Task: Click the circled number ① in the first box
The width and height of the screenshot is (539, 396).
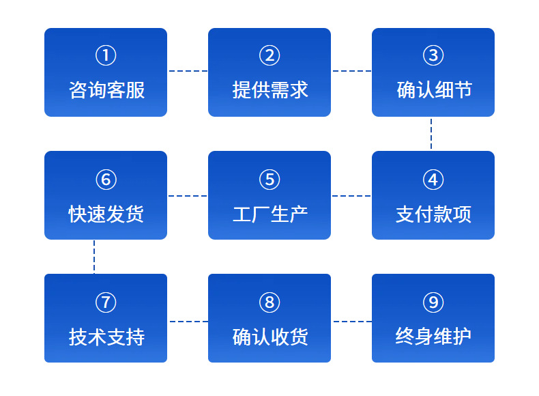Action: click(x=106, y=55)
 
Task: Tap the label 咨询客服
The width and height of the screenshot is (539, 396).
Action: click(x=106, y=90)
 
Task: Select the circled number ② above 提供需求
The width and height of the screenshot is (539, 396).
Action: click(x=269, y=55)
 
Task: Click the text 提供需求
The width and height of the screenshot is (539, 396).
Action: click(x=270, y=90)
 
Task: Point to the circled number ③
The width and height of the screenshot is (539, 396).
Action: click(x=433, y=55)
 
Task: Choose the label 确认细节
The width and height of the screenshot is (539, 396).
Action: click(x=434, y=90)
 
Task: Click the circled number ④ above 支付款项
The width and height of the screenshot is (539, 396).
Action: click(x=433, y=180)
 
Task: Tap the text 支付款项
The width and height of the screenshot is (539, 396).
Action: click(x=434, y=214)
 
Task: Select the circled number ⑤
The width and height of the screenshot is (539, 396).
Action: click(x=269, y=180)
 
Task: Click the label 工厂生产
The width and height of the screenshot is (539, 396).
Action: click(x=270, y=214)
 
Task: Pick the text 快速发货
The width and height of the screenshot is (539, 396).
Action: click(x=106, y=214)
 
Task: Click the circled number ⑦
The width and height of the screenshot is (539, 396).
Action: click(x=106, y=302)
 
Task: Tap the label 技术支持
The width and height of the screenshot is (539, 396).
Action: click(x=106, y=337)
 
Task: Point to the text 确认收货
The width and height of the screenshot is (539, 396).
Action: click(x=270, y=337)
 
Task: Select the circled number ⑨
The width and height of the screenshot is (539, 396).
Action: click(x=433, y=302)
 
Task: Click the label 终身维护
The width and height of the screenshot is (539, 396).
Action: click(x=434, y=337)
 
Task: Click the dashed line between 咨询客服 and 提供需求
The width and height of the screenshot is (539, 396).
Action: click(x=188, y=70)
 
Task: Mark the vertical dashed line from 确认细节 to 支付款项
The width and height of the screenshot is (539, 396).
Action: click(x=431, y=134)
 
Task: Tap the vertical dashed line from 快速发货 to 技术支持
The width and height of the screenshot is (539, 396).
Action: click(x=94, y=257)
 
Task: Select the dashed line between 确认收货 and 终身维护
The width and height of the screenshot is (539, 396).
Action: click(x=351, y=321)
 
